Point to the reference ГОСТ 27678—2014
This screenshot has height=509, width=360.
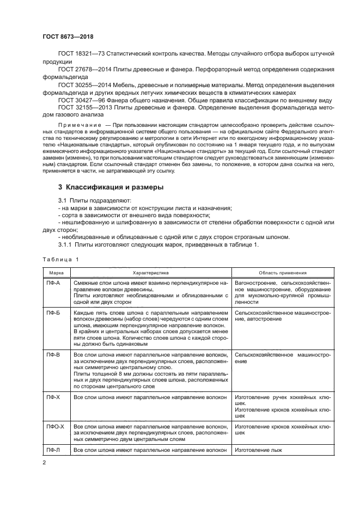tap(81, 70)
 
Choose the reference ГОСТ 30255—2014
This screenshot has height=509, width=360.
tap(81, 85)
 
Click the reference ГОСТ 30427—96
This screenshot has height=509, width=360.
tap(80, 100)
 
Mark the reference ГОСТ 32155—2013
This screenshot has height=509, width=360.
tap(81, 108)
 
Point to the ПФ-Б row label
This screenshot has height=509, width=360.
tap(52, 313)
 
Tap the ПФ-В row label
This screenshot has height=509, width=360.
tap(52, 354)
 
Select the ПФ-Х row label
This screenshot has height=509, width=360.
tap(52, 398)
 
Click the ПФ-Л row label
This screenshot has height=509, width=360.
tap(52, 450)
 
